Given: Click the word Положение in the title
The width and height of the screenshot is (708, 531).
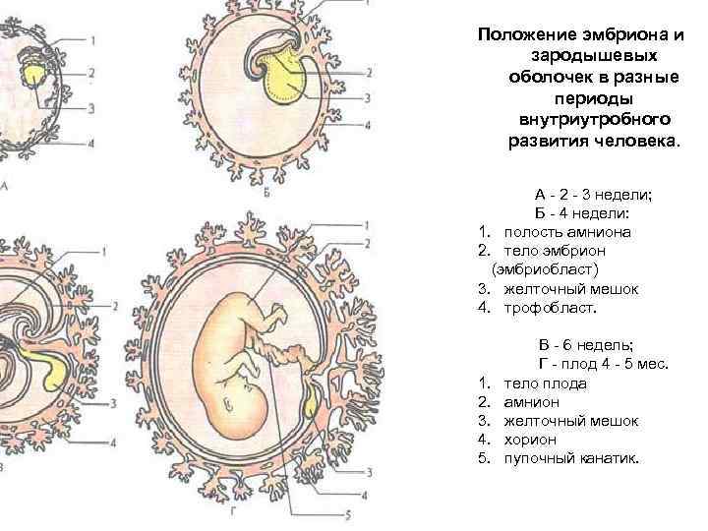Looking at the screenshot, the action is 520,34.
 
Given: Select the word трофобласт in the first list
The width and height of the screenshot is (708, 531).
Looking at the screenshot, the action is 550,308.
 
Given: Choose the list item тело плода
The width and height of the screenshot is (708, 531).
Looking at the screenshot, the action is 545,383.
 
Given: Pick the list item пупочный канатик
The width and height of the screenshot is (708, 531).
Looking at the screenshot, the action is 570,458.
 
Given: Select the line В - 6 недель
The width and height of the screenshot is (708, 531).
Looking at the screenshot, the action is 586,345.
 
